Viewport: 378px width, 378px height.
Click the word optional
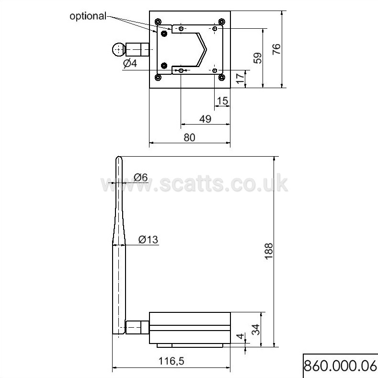88,16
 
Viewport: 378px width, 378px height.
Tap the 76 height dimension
276,49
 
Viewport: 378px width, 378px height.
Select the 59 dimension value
257,58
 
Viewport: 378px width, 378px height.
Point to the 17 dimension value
240,79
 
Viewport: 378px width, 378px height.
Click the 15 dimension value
222,101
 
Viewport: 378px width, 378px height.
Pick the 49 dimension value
205,119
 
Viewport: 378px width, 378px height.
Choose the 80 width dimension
190,137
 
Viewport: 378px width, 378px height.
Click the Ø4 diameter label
130,63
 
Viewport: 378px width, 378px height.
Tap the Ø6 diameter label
140,177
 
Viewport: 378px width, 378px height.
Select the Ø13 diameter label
148,240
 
